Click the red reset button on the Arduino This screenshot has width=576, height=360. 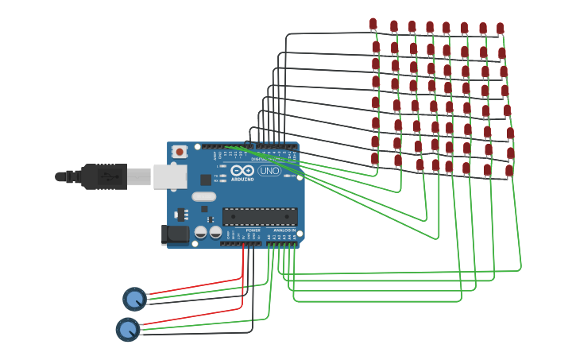click(180, 151)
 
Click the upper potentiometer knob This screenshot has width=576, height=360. click(134, 299)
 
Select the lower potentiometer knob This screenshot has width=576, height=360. click(127, 329)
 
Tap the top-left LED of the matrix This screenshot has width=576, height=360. click(373, 25)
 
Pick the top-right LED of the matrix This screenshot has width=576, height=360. click(500, 29)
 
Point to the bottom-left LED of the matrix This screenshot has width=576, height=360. click(375, 159)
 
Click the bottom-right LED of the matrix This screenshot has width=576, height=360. click(508, 170)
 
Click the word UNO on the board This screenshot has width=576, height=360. click(269, 171)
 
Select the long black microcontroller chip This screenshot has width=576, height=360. click(260, 216)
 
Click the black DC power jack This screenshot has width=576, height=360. click(175, 234)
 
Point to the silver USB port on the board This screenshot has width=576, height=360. click(169, 176)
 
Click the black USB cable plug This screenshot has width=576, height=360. click(103, 176)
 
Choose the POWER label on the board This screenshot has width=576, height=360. click(253, 230)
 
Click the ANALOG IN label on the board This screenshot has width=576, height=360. click(284, 230)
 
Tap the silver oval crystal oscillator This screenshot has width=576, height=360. click(203, 196)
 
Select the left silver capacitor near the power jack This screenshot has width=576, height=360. click(201, 232)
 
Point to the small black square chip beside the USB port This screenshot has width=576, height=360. click(206, 180)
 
